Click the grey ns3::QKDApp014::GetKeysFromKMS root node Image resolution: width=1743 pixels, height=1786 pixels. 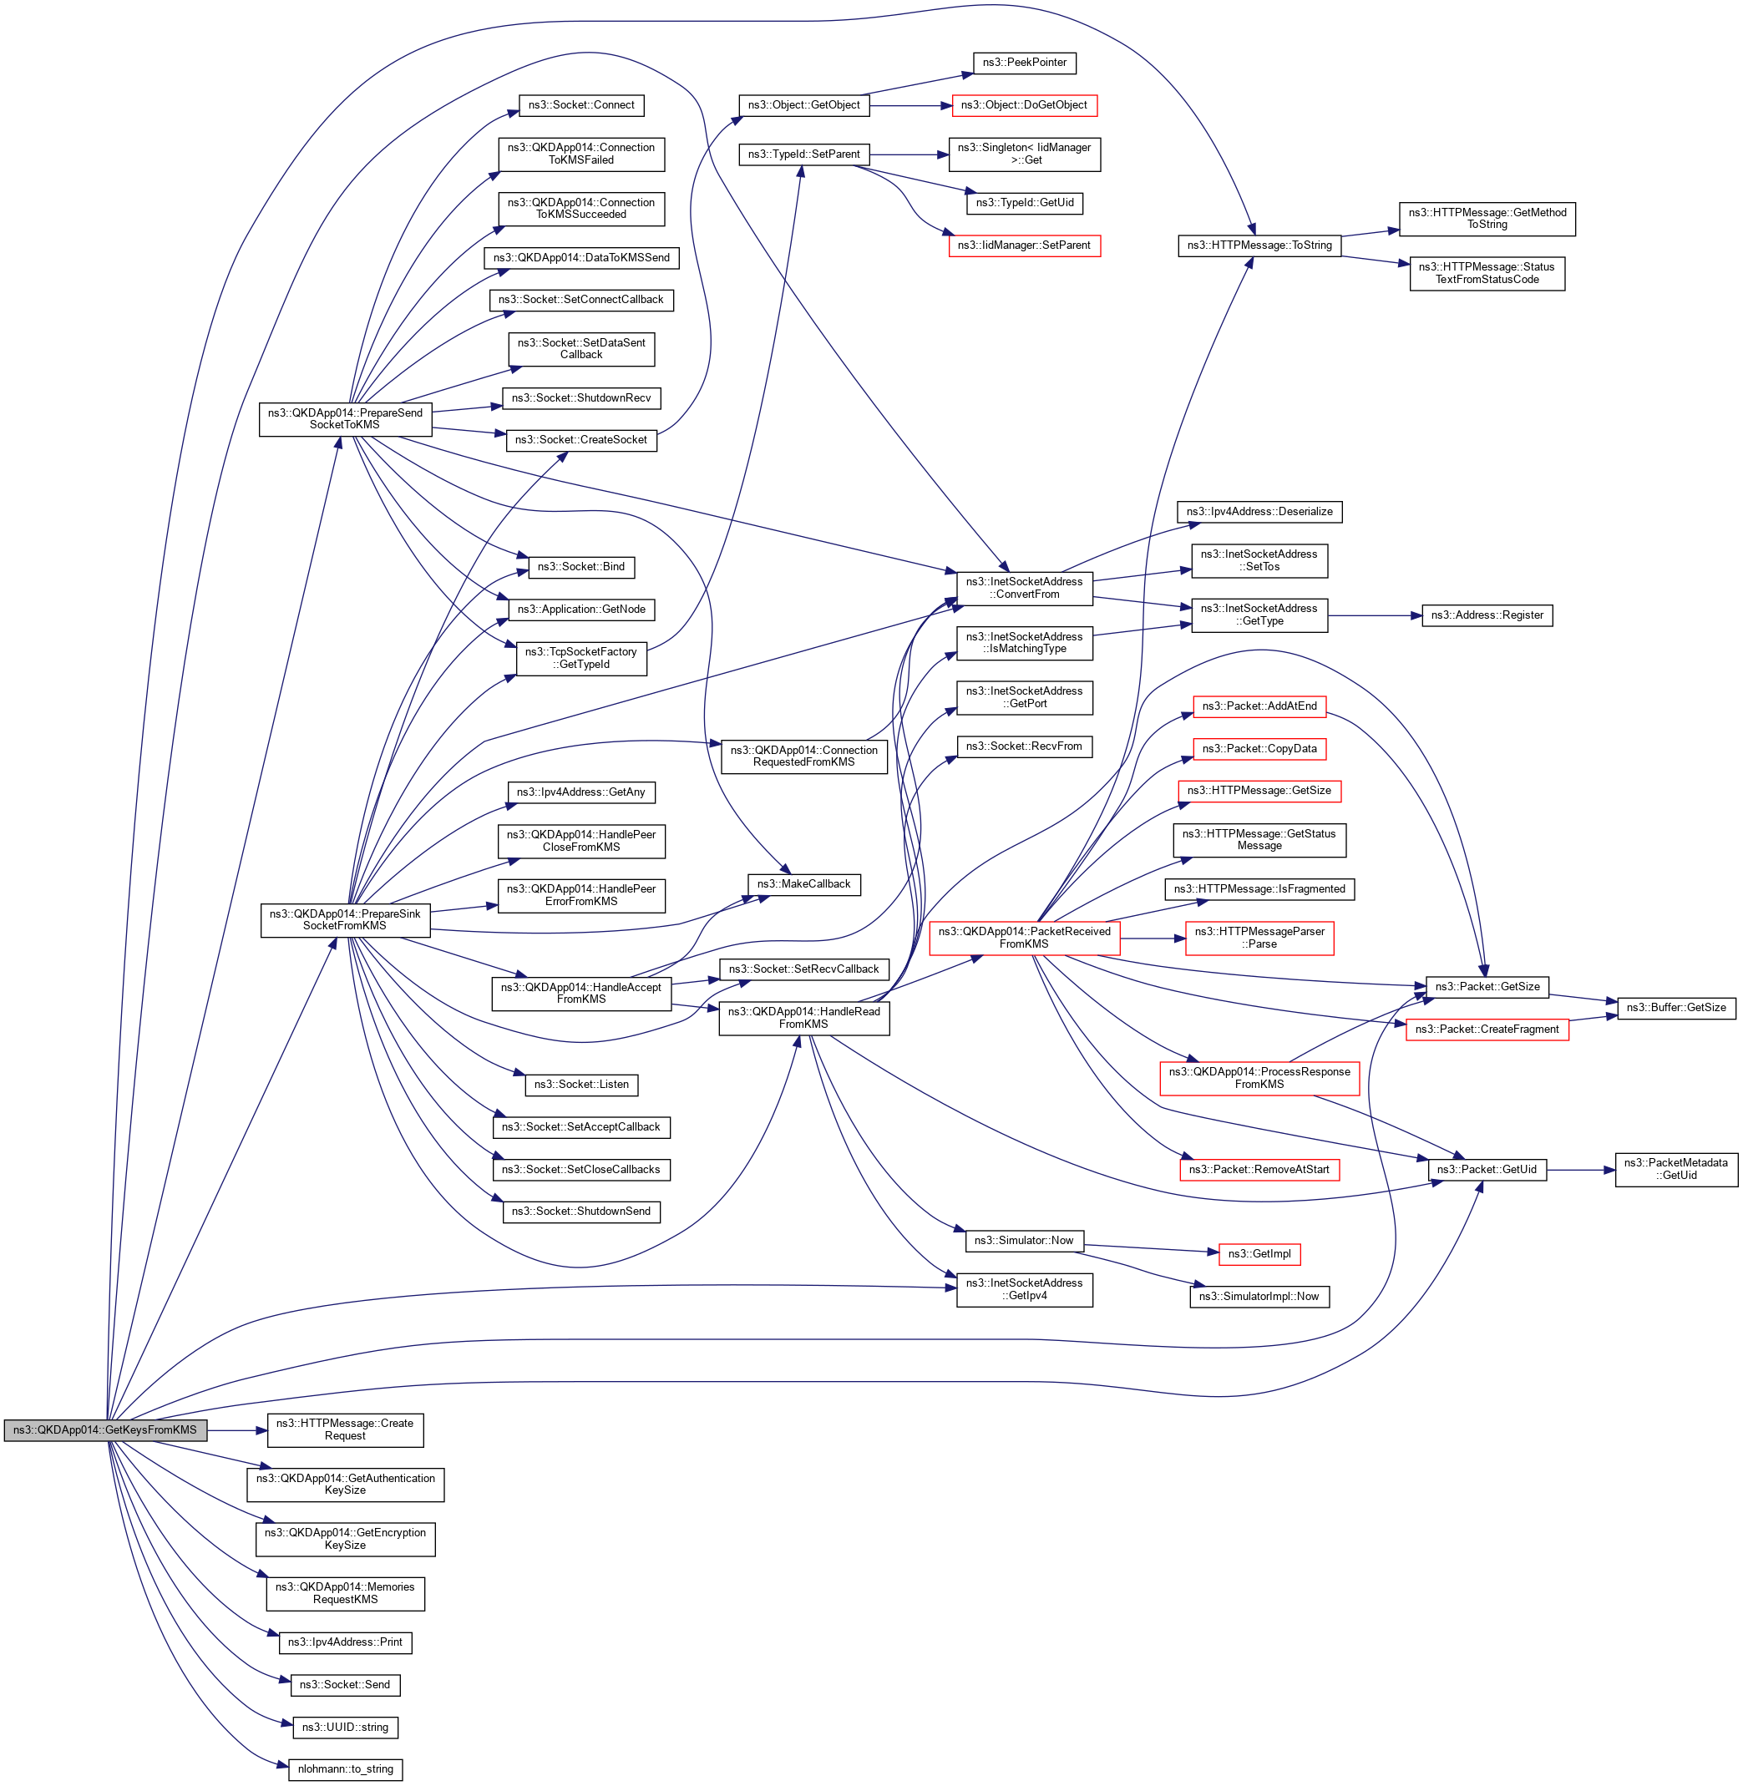pos(105,1430)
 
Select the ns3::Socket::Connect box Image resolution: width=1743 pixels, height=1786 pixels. pos(581,105)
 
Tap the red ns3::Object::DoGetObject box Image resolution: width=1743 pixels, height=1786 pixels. pos(1025,105)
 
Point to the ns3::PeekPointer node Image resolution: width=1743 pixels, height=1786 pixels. pos(1025,63)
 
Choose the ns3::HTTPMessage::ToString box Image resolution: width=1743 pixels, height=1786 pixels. pos(1259,245)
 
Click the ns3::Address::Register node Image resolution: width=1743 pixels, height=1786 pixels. pos(1487,615)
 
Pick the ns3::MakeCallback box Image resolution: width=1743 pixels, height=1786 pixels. pos(803,884)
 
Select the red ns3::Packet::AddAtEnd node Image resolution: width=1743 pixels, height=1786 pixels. pos(1259,706)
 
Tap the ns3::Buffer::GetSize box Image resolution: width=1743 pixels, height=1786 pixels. pos(1676,1008)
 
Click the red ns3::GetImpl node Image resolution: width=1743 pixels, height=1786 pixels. pos(1259,1254)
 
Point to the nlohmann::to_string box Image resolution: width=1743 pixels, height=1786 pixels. pos(345,1769)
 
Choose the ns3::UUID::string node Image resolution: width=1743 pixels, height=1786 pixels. pos(345,1728)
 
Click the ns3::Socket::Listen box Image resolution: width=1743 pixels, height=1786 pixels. pos(581,1085)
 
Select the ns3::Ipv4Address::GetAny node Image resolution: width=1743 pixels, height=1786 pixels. pos(581,792)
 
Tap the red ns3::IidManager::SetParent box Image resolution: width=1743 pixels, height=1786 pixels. pos(1025,245)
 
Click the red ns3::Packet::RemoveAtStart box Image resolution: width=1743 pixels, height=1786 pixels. pos(1259,1169)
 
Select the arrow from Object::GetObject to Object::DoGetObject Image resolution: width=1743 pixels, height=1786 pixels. pos(911,106)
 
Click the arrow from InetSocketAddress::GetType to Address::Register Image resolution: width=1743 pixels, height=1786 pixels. pos(1374,616)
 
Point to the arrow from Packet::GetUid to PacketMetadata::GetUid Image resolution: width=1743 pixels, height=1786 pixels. pos(1581,1170)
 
